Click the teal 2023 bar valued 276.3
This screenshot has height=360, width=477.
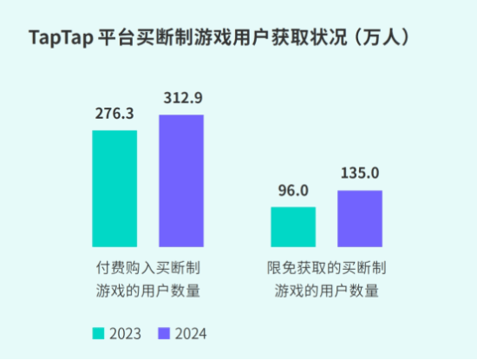(x=114, y=189)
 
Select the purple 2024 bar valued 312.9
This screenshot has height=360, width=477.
(x=180, y=181)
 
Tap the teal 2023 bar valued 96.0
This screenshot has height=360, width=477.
(x=293, y=227)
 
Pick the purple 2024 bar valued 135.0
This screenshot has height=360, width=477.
(x=359, y=219)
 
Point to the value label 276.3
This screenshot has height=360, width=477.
(x=114, y=115)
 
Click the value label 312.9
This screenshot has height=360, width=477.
(x=180, y=98)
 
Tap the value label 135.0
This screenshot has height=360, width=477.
(x=359, y=174)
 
